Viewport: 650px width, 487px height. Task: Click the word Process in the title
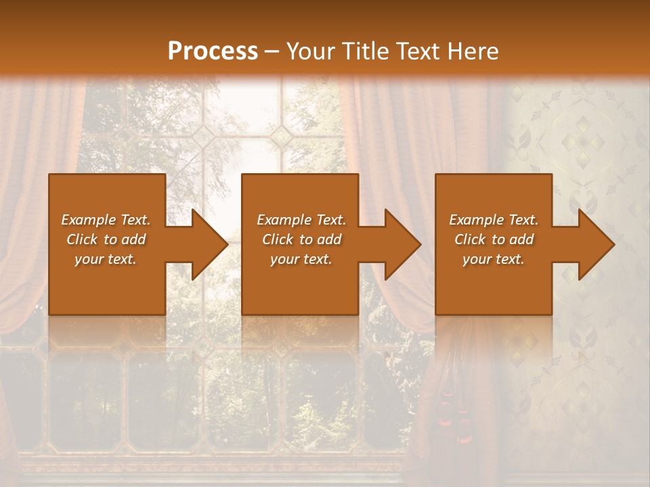tap(213, 51)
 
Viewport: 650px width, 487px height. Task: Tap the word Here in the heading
tap(473, 51)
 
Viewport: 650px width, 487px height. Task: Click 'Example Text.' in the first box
tap(106, 220)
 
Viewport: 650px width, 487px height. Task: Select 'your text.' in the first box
tap(106, 259)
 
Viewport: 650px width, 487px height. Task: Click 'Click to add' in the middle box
tap(301, 239)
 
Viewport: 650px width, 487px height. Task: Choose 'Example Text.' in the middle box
tap(301, 220)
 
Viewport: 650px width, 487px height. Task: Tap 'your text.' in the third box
tap(494, 259)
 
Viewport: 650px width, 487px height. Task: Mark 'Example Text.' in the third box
tap(494, 220)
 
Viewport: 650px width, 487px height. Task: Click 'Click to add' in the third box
tap(494, 239)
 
